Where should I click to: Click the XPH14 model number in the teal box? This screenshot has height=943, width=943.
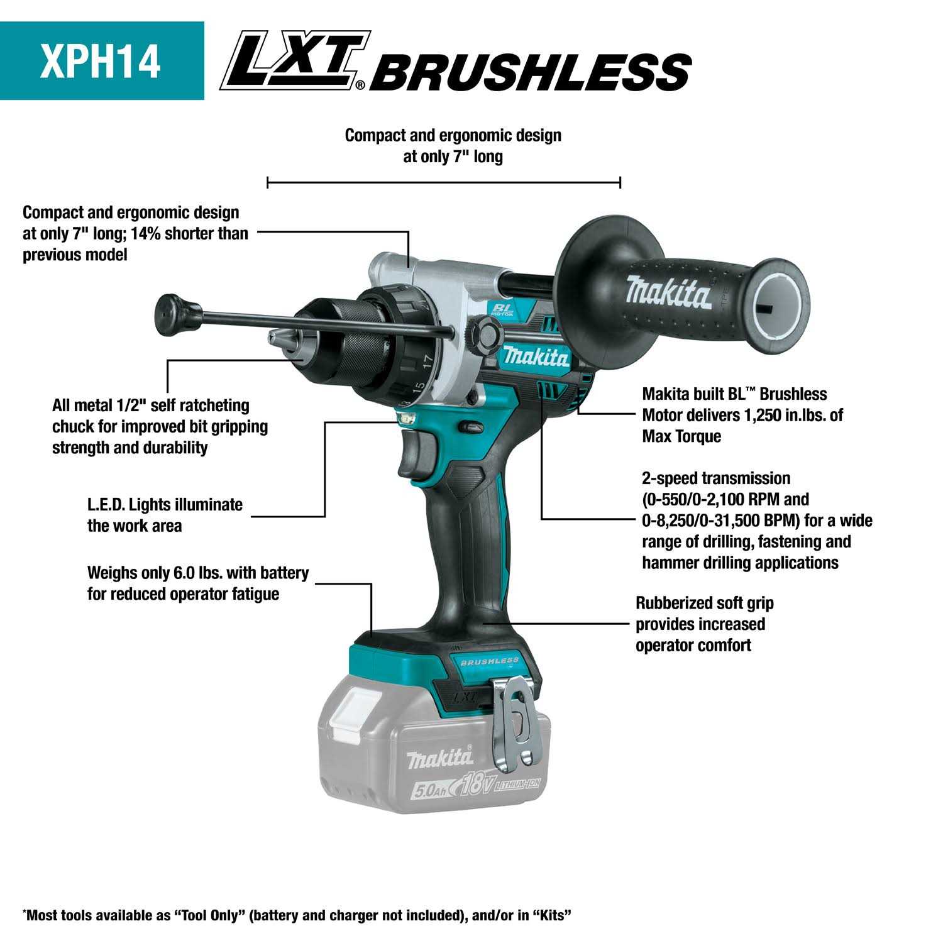(101, 61)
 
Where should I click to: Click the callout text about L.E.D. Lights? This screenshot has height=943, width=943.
(165, 515)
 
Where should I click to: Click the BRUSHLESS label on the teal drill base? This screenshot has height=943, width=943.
(489, 661)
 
